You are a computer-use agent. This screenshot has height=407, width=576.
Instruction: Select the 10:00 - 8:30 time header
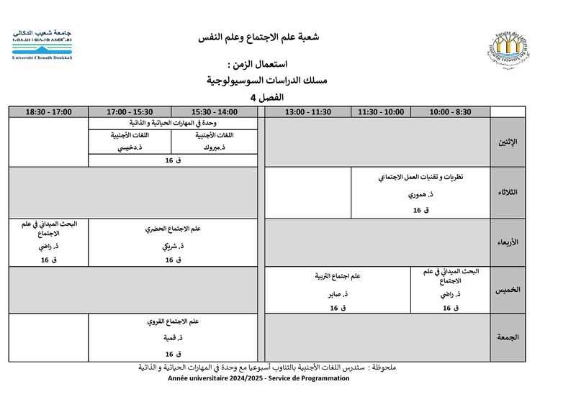(x=450, y=112)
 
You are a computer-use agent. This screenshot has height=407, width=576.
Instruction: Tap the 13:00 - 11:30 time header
(x=307, y=112)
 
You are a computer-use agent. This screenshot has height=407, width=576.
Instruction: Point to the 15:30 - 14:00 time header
(x=215, y=112)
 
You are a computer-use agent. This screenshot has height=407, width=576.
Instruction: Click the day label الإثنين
(x=508, y=142)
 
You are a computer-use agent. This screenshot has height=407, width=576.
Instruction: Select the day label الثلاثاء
(x=508, y=192)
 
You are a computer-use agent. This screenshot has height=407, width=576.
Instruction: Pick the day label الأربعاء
(x=508, y=242)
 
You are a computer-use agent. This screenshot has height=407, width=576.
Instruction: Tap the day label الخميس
(x=508, y=291)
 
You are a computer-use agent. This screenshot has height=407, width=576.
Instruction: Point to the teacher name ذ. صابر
(x=334, y=294)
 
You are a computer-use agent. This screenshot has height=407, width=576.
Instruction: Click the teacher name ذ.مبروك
(x=215, y=147)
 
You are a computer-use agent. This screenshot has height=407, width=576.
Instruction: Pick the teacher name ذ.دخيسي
(x=130, y=147)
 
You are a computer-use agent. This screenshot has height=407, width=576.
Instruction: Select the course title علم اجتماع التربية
(x=335, y=276)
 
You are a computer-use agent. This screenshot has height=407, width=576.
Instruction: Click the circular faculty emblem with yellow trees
(x=513, y=48)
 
